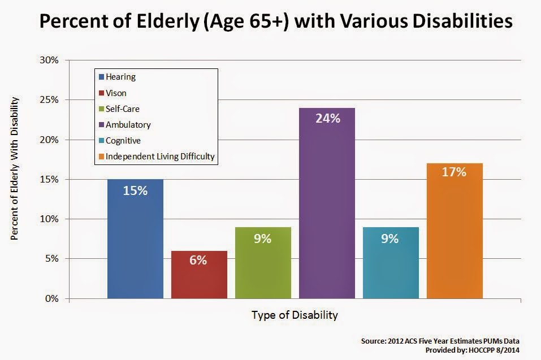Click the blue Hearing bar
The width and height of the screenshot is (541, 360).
[x=135, y=238]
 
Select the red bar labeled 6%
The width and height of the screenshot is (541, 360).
[x=199, y=275]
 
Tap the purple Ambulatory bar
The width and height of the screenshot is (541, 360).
[x=327, y=203]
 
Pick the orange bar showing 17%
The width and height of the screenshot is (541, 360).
[x=455, y=231]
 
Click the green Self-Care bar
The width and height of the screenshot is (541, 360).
[x=263, y=263]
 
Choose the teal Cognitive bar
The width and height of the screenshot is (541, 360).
[x=391, y=263]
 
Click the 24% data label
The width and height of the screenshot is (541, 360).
[x=328, y=118]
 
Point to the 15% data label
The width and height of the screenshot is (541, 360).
[x=135, y=190]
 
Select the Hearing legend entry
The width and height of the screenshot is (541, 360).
[x=117, y=77]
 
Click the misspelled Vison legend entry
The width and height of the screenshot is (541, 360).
[x=112, y=93]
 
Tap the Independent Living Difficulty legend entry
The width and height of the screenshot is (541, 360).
[x=157, y=157]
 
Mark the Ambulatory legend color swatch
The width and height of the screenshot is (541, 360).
[x=101, y=125]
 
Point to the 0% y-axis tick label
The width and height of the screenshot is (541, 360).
[x=52, y=298]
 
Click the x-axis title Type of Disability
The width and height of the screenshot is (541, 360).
[x=295, y=315]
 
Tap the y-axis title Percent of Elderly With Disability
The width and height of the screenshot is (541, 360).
[x=14, y=168]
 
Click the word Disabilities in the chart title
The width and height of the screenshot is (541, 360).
[x=462, y=21]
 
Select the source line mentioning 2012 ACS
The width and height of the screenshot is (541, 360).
[x=440, y=341]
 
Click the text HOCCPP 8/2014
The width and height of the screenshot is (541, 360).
[x=494, y=350]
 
